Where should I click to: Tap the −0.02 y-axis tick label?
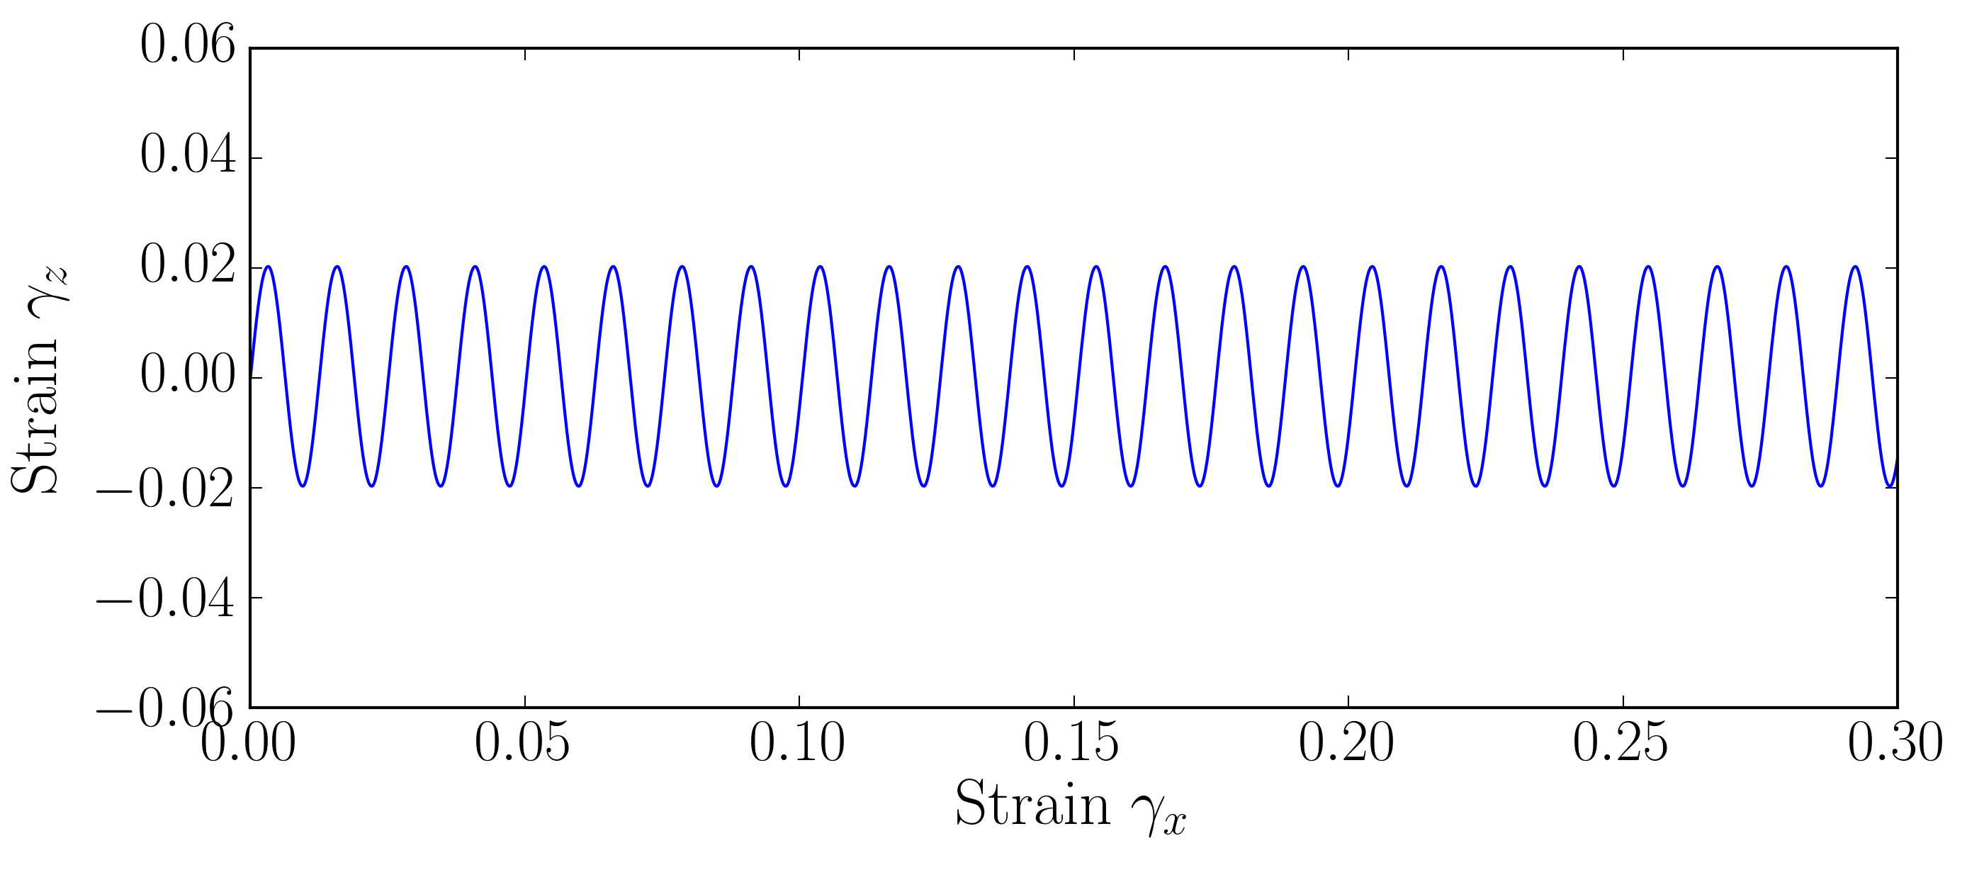coord(165,489)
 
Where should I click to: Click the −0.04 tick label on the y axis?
coord(165,599)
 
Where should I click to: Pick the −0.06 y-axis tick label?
coord(165,709)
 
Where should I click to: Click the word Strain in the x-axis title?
coord(1032,804)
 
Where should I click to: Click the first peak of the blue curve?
coord(268,267)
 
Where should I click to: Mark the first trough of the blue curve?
coord(303,486)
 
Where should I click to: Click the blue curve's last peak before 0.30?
coord(1856,267)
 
